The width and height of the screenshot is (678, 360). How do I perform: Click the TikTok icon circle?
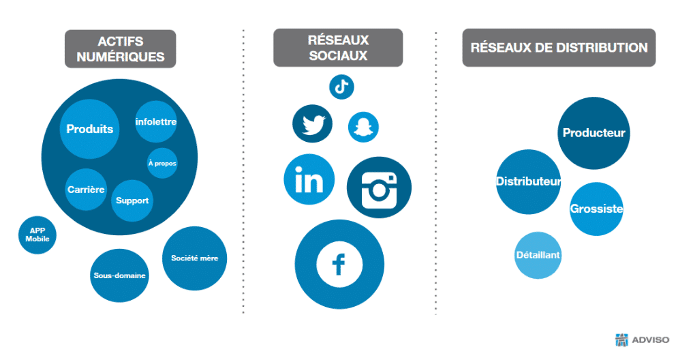[341, 87]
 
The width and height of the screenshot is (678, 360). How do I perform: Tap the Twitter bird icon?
[312, 124]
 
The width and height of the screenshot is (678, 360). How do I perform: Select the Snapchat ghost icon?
[363, 127]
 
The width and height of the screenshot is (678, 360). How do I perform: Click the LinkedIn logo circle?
[309, 179]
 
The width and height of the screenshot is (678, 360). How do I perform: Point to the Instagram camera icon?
[379, 187]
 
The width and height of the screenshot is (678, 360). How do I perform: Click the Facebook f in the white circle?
[339, 265]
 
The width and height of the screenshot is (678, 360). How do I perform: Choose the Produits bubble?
[90, 129]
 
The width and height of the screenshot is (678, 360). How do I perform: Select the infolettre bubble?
[156, 122]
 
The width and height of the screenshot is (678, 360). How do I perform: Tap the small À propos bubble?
[162, 163]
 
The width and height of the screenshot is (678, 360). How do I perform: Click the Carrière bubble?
[86, 190]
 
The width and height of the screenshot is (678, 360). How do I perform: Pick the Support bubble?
[132, 200]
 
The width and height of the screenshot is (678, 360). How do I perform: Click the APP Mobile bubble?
[37, 235]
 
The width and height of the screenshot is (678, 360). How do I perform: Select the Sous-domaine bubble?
[119, 275]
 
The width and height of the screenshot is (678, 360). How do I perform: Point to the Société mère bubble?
[194, 258]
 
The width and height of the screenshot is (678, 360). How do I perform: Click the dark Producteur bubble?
[594, 133]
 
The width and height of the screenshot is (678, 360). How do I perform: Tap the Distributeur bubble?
[528, 182]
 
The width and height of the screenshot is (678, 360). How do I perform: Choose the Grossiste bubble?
[596, 209]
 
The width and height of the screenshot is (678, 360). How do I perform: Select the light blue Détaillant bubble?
[538, 256]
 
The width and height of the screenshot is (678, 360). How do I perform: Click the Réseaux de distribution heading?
[559, 48]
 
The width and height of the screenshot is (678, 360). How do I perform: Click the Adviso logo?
[642, 340]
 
